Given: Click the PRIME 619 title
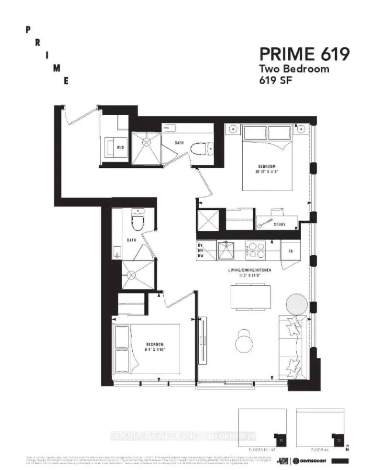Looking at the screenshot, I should click(x=305, y=54).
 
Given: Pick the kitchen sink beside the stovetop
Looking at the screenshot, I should click(x=226, y=250).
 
